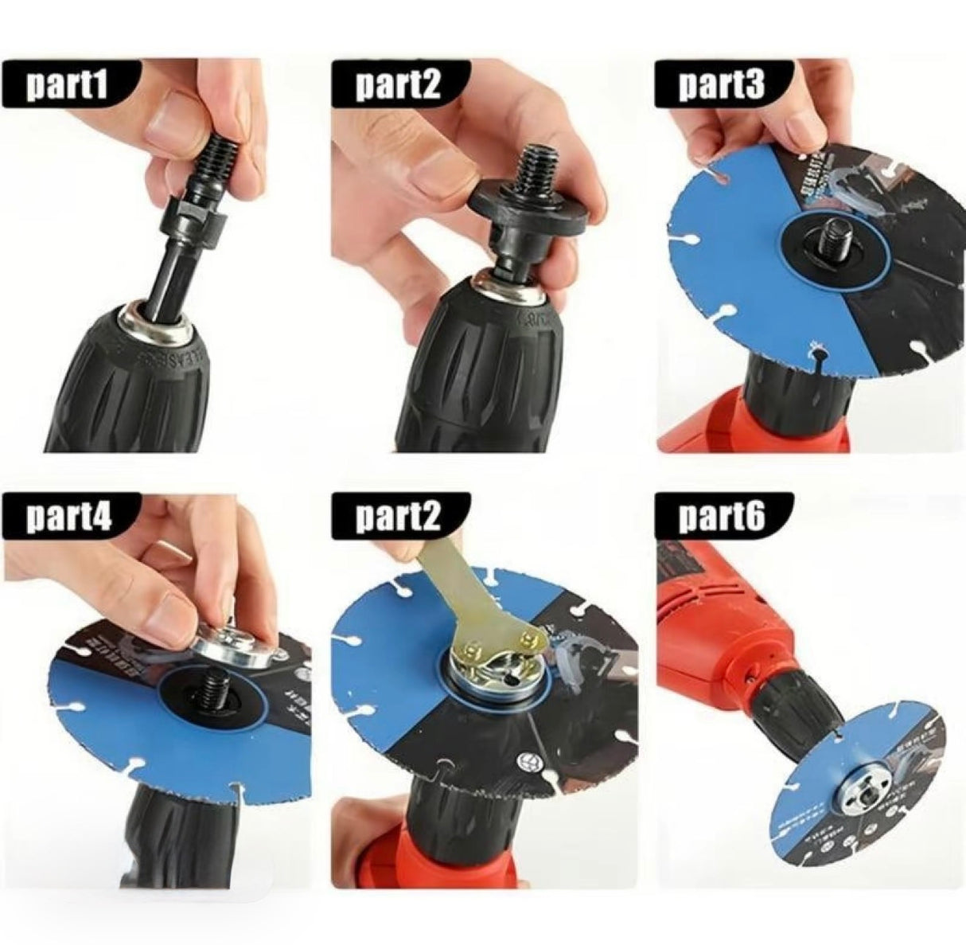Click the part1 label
[67, 84]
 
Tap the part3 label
[721, 84]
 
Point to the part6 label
[721, 516]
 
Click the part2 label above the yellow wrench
[397, 516]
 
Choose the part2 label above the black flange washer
[397, 84]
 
